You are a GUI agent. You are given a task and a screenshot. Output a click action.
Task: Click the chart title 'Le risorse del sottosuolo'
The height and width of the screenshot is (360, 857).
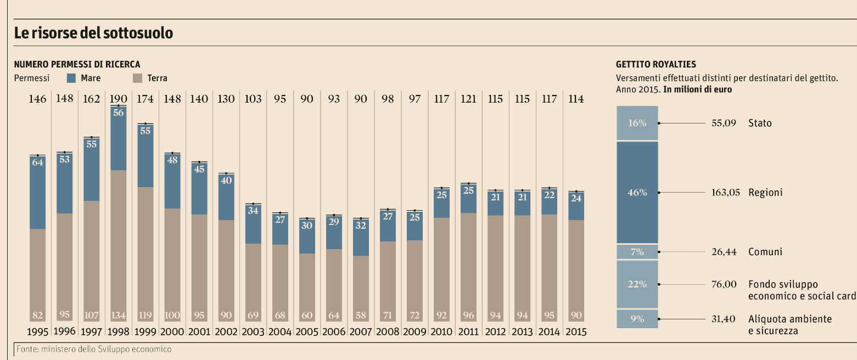point(93,33)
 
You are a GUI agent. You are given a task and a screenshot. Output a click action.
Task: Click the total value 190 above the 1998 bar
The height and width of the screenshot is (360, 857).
point(118,99)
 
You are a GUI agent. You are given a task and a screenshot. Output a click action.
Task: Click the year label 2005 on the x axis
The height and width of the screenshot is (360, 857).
point(306,332)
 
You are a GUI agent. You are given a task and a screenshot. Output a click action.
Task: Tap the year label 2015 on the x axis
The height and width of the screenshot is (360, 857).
point(575,332)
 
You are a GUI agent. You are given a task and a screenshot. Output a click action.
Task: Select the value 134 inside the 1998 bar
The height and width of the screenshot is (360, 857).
point(118,316)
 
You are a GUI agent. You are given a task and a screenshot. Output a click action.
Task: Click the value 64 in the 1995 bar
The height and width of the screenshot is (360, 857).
point(37,162)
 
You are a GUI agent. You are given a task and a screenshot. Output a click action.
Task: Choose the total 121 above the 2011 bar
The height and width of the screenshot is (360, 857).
point(468,99)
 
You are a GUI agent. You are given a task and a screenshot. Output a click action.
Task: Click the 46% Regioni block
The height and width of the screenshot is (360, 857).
point(637,192)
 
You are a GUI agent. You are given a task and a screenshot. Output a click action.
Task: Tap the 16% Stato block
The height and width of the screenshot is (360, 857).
point(637,123)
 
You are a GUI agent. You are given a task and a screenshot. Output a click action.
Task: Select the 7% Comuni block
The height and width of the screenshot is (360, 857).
point(637,252)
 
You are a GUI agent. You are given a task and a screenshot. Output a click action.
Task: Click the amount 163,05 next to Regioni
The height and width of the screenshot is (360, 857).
point(726,193)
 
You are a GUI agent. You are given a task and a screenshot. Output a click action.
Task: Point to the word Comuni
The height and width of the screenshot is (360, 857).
point(765,252)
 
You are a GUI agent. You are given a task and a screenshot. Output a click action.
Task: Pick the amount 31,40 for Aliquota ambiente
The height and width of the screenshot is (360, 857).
point(723,319)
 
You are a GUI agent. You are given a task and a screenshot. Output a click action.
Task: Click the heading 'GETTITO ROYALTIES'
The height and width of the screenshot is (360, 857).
point(656,64)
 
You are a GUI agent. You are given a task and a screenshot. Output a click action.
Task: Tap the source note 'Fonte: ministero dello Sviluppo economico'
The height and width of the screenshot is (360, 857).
point(94,349)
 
